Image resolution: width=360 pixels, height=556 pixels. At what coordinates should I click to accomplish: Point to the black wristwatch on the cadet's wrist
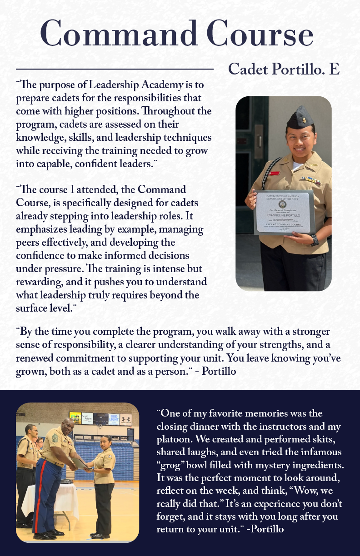tap(315, 239)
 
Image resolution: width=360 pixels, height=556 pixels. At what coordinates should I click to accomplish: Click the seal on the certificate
tap(283, 204)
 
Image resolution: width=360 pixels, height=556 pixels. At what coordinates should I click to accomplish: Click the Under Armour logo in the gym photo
tap(126, 419)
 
